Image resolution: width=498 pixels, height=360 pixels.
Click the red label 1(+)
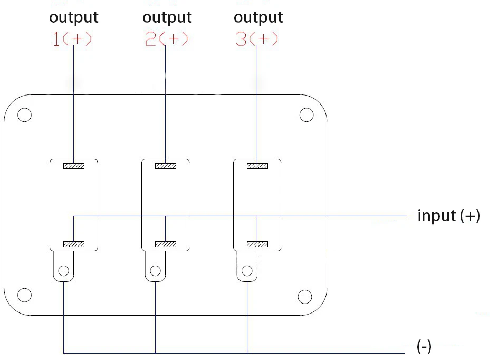pos(72,39)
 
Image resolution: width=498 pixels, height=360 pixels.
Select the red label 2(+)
pos(166,39)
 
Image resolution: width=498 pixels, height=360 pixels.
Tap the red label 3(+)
pos(257,39)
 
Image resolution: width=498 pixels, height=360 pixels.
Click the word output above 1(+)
pos(74,18)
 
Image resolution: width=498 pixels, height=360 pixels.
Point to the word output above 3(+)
pos(258,18)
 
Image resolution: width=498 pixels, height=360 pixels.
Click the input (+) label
pos(448,216)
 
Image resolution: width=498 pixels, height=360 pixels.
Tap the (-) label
pos(424,346)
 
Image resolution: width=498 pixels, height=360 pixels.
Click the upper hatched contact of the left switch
pos(74,166)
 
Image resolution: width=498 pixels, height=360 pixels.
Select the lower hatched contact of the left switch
pos(74,244)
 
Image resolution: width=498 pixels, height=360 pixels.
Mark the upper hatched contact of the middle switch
pos(166,166)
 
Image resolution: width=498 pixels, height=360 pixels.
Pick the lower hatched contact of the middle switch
pos(166,244)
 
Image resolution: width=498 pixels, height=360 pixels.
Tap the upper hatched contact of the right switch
pos(257,166)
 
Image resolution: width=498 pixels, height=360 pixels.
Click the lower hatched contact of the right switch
pos(257,244)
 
